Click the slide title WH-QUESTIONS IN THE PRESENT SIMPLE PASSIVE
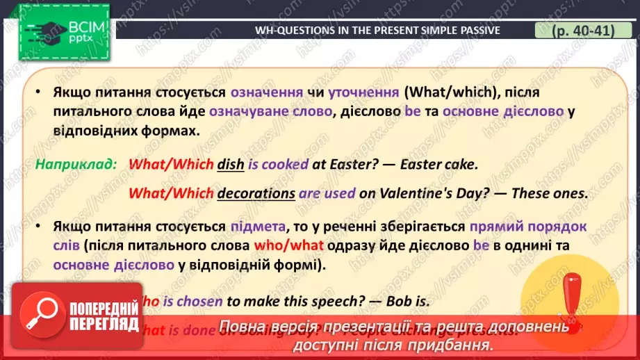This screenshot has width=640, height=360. (x=377, y=30)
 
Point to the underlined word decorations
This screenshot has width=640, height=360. (x=256, y=193)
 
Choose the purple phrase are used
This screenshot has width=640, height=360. (x=327, y=193)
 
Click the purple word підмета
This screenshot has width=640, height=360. (x=256, y=226)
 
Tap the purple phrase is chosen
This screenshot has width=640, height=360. (x=199, y=301)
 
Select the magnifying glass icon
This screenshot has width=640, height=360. (x=38, y=313)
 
